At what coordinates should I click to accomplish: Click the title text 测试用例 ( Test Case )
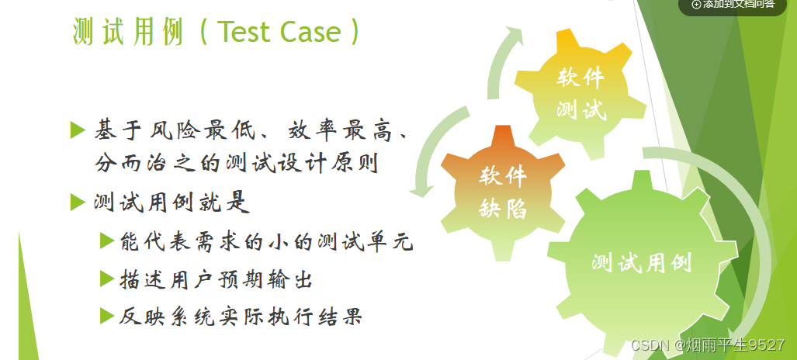click(217, 32)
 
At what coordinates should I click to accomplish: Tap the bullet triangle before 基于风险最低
click(77, 129)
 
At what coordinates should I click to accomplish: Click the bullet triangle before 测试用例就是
click(77, 202)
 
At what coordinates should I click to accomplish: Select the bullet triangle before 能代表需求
click(107, 241)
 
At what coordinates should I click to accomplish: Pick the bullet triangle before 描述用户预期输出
click(107, 278)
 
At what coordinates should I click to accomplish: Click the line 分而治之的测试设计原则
click(236, 164)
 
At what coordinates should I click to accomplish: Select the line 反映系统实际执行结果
click(241, 316)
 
